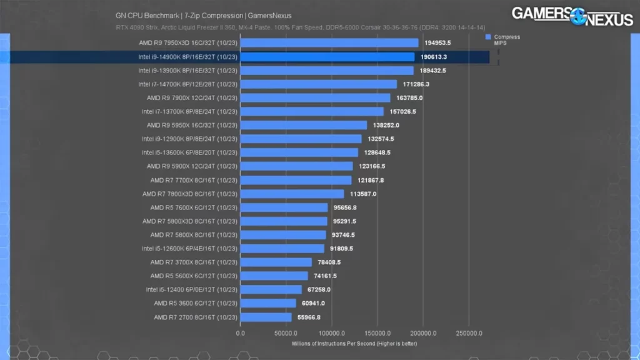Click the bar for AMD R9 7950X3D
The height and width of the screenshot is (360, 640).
coord(329,43)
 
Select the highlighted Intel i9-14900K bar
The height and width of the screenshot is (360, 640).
coord(327,57)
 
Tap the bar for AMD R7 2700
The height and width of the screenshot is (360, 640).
coord(266,317)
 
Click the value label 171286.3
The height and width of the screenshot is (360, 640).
coord(416,84)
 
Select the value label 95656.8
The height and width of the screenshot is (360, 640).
coord(344,207)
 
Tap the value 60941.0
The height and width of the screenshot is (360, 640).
coord(312,303)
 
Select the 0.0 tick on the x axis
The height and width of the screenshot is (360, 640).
coord(241,334)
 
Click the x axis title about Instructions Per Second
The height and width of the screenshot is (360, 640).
coord(354,343)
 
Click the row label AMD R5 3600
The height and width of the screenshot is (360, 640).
coord(195,303)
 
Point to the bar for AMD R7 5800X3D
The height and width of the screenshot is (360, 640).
coord(284,221)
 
